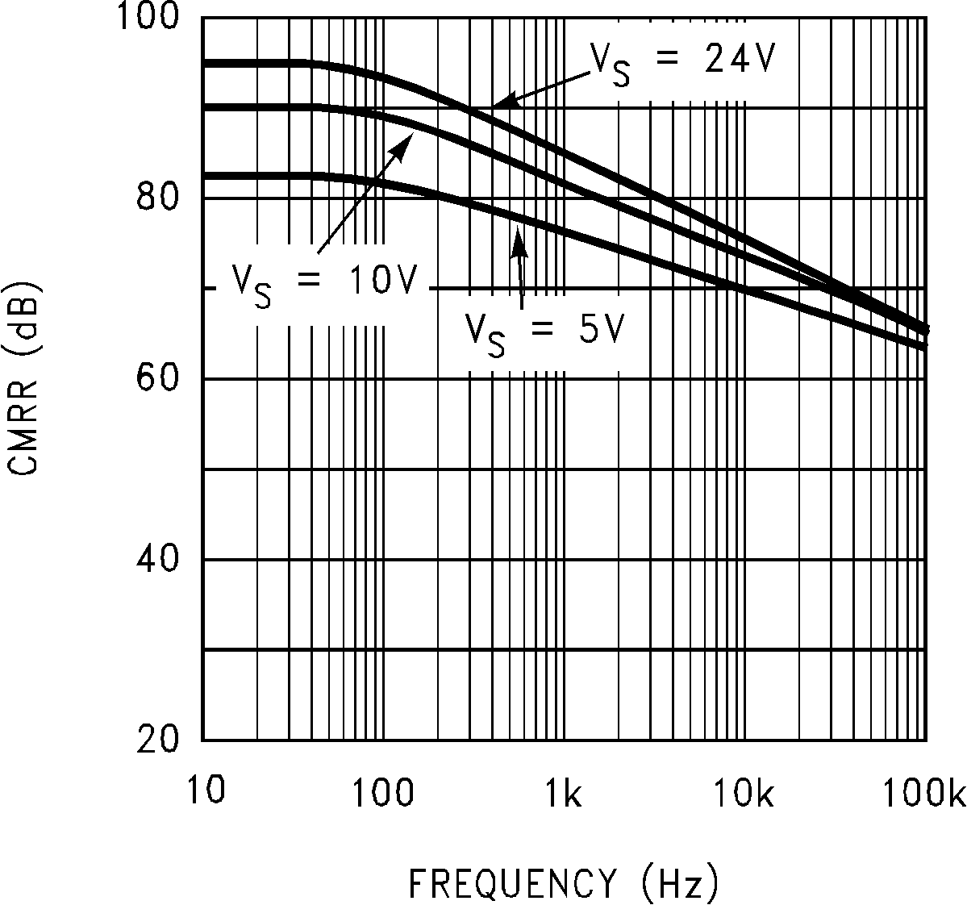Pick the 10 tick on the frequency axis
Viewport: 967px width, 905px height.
[202, 791]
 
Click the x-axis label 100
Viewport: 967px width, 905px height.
[383, 793]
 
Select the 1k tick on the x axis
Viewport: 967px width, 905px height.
[563, 793]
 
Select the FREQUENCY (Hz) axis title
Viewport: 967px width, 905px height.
[563, 882]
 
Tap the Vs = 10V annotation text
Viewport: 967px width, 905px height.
[324, 284]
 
